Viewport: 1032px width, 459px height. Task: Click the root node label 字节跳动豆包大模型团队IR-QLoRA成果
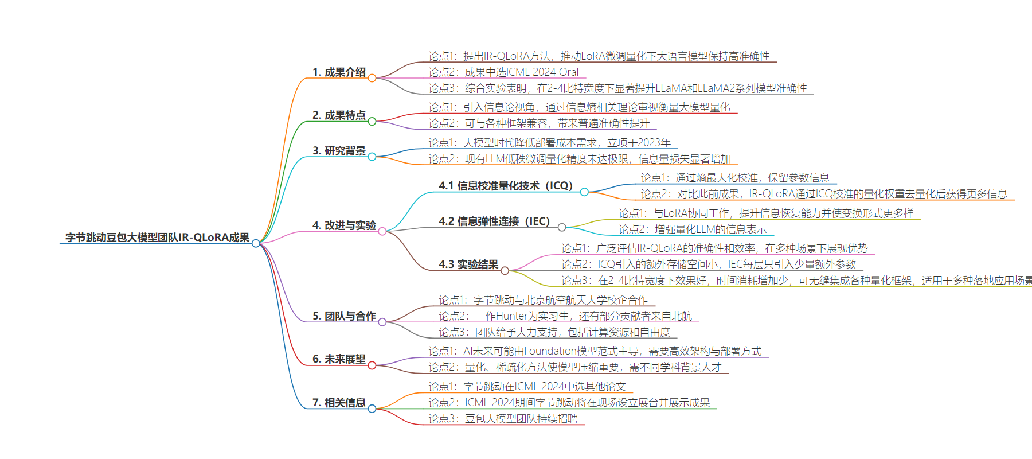pos(157,238)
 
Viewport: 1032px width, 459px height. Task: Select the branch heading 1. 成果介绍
pos(339,72)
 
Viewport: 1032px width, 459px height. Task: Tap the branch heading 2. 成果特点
pos(339,115)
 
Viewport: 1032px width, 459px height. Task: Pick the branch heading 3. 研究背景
pos(339,151)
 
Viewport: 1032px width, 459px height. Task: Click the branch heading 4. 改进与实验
pos(344,225)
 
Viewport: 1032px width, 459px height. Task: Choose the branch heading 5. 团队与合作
pos(344,316)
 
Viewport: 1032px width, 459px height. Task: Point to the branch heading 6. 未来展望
pos(339,359)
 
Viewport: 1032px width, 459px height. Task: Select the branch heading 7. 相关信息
pos(339,403)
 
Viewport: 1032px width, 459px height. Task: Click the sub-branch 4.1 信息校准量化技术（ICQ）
pos(506,186)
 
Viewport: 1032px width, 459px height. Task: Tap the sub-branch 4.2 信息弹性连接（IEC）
pos(494,221)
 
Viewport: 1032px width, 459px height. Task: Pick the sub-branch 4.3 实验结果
pos(468,264)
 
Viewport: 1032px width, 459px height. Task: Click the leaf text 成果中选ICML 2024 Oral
pos(522,72)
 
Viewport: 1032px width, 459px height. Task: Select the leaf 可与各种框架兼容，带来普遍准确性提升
pos(557,123)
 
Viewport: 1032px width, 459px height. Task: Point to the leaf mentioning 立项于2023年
pos(549,143)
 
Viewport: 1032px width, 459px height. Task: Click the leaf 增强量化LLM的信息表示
pos(711,229)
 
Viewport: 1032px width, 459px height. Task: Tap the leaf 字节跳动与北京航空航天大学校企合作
pos(561,300)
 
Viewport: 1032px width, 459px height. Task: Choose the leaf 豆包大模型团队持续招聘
pos(521,419)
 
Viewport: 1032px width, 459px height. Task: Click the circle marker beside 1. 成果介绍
pos(372,78)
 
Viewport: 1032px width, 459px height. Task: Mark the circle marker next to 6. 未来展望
pos(372,365)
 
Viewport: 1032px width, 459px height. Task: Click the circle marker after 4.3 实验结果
pos(505,270)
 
